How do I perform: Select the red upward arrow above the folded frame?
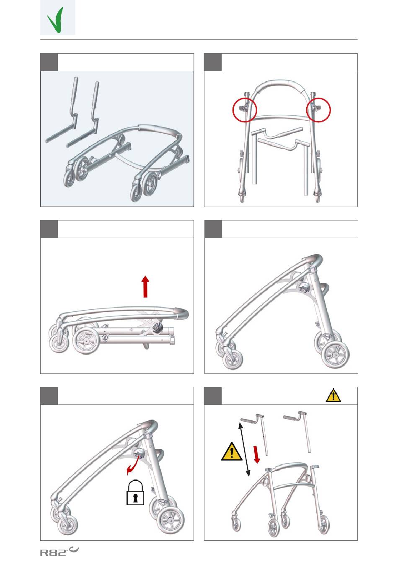point(145,287)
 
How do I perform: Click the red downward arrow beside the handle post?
point(256,454)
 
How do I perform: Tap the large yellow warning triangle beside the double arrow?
point(232,451)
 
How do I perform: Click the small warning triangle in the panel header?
point(333,395)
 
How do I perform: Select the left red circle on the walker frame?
point(245,110)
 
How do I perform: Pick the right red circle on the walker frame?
point(318,110)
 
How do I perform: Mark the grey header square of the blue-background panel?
point(49,62)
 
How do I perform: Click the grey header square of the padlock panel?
point(49,396)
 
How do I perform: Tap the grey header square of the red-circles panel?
point(213,62)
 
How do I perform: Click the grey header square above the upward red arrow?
point(49,229)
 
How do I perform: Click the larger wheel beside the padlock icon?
point(171,520)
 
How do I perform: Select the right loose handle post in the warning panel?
point(299,430)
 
